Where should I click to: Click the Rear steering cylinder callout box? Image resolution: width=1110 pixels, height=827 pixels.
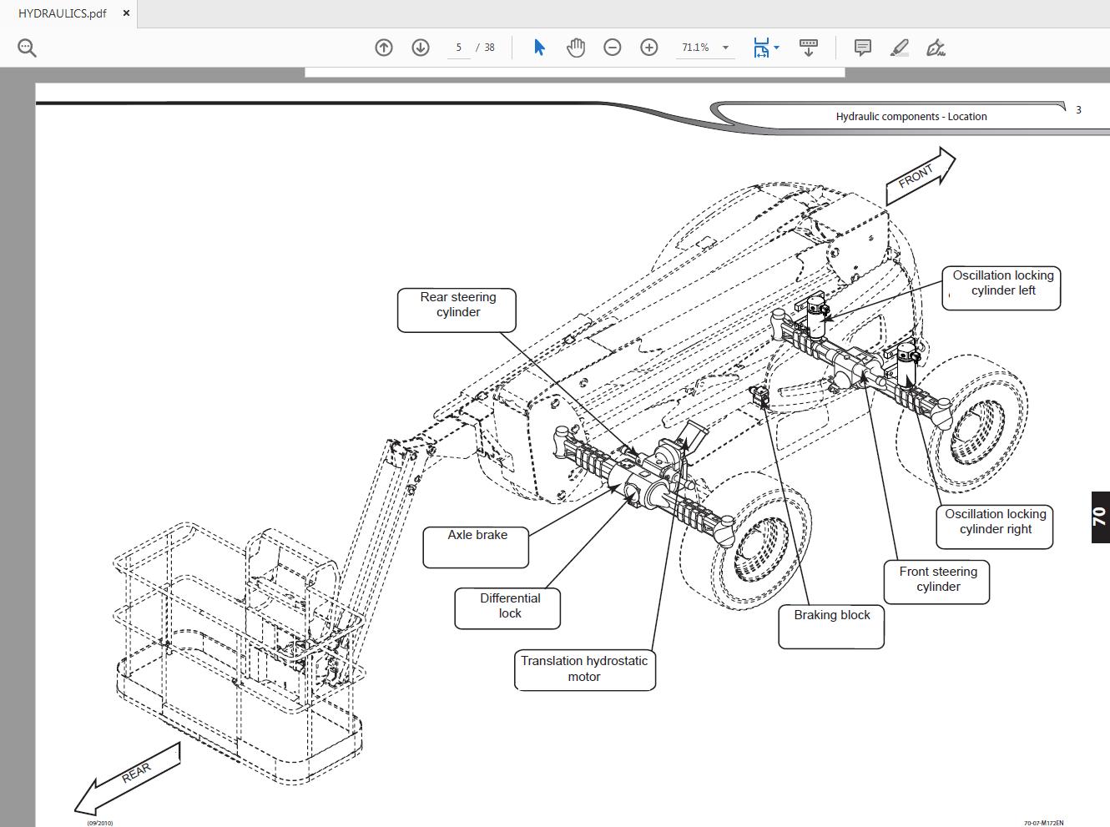(457, 310)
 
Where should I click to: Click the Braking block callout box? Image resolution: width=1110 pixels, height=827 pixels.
(831, 626)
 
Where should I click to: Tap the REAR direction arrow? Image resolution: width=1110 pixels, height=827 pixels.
(129, 778)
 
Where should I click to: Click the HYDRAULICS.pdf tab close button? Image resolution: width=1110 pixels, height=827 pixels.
(126, 13)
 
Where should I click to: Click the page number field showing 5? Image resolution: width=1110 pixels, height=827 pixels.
(458, 48)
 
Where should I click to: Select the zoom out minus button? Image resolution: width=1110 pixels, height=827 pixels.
(613, 48)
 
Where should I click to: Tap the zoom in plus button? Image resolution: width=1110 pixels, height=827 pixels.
(649, 48)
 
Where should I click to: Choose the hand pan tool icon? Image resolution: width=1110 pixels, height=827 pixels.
(576, 48)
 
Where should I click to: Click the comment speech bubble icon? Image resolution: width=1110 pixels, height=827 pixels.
(863, 48)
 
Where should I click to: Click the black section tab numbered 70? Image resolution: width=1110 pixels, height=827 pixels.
(1099, 517)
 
